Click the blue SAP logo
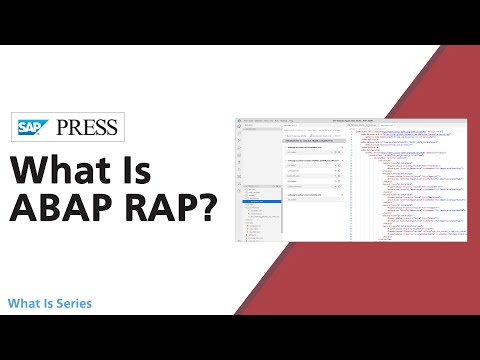36,127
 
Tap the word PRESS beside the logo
89,127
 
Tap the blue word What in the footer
23,303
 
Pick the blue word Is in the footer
46,303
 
